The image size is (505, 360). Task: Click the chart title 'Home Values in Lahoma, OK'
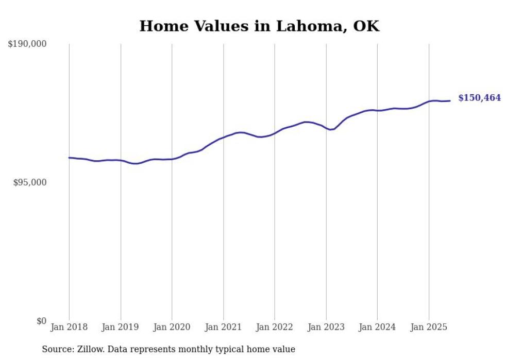click(259, 26)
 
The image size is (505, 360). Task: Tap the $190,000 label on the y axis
click(27, 44)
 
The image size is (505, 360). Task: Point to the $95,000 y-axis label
click(29, 183)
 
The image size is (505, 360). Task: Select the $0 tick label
click(41, 321)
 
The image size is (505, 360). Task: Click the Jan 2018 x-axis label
click(69, 327)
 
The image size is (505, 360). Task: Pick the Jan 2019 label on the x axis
click(121, 327)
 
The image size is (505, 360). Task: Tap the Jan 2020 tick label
click(172, 327)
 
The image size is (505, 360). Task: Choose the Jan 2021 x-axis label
click(223, 327)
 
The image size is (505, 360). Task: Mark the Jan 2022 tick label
click(275, 327)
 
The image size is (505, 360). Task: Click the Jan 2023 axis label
click(326, 327)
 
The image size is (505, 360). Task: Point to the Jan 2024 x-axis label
click(377, 327)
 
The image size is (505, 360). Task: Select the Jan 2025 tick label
click(429, 327)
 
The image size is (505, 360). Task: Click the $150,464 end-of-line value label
click(479, 98)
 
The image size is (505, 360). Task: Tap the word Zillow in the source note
click(88, 349)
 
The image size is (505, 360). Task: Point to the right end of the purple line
click(450, 100)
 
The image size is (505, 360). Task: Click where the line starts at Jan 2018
click(69, 158)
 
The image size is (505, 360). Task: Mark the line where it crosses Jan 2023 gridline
click(326, 128)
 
